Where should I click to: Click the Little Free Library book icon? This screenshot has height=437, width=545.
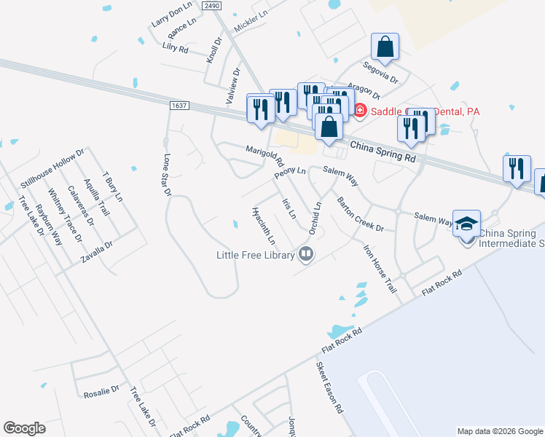tap(306, 254)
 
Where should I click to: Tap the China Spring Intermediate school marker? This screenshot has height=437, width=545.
tap(466, 223)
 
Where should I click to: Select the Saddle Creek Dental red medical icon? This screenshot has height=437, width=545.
tap(359, 111)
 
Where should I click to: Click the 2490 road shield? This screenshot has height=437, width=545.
tap(211, 5)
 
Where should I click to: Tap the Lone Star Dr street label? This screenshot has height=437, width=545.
tap(166, 175)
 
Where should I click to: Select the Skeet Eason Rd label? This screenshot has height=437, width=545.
tap(329, 388)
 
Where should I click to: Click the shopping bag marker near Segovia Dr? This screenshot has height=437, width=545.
tap(385, 47)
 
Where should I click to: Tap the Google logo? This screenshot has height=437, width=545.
tap(24, 428)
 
